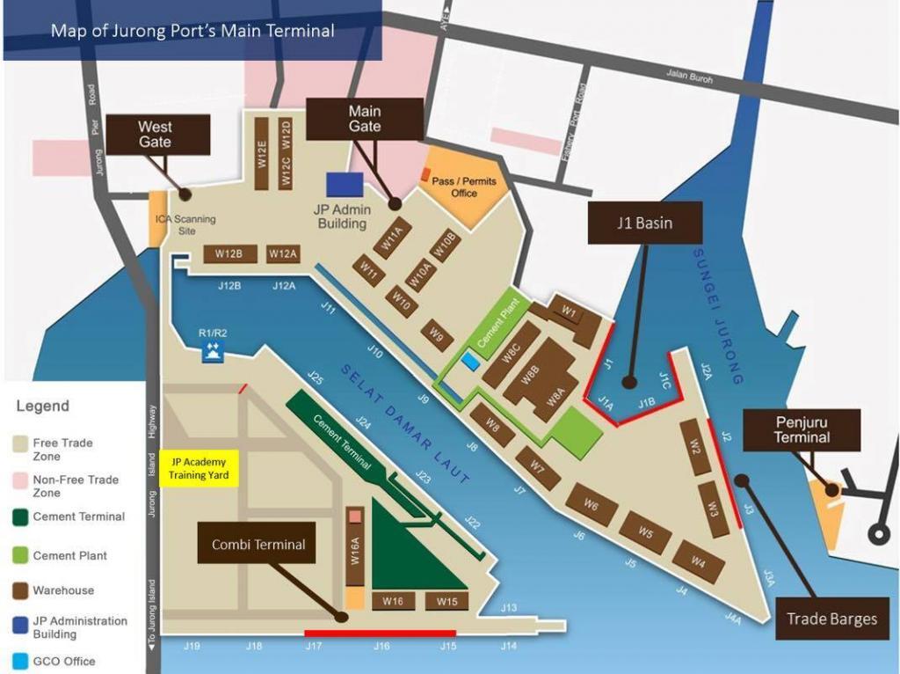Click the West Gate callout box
point(155,134)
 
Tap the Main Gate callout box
point(365,119)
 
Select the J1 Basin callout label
point(643,223)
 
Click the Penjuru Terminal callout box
point(802,429)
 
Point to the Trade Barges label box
point(831,619)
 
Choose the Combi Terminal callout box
point(258,545)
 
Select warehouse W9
point(437,334)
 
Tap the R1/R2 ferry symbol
point(213,352)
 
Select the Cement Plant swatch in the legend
point(21,556)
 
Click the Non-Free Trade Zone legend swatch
point(21,480)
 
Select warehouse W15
point(447,601)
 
